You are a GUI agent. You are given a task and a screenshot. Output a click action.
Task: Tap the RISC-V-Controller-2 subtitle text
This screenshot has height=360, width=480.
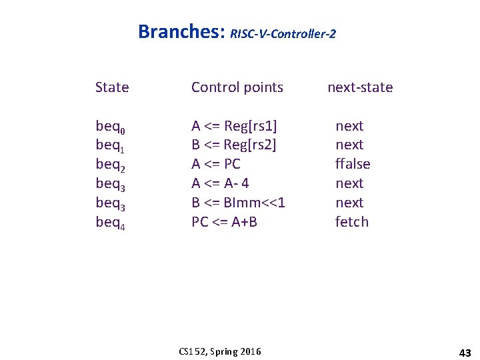283,33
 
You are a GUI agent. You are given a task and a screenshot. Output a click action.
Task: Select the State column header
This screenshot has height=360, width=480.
112,87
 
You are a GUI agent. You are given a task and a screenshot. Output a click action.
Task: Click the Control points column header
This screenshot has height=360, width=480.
237,87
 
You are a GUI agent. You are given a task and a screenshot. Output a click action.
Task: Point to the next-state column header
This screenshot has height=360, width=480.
360,87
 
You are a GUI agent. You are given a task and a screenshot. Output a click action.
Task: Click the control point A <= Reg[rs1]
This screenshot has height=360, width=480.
234,126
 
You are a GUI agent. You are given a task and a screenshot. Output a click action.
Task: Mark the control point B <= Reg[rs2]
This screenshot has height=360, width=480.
234,145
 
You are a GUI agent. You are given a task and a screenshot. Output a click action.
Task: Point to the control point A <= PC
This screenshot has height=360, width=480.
216,164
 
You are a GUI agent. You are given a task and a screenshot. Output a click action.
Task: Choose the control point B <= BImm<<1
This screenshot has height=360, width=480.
238,203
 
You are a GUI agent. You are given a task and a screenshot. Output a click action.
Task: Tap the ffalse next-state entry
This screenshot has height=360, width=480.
352,164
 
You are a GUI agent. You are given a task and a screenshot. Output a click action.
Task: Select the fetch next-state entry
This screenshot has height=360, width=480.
351,222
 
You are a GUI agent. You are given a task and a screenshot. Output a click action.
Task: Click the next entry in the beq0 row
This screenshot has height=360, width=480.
349,126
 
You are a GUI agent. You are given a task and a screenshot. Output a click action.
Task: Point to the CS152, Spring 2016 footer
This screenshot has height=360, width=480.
220,351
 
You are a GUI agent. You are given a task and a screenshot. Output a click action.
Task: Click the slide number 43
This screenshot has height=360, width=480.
465,351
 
